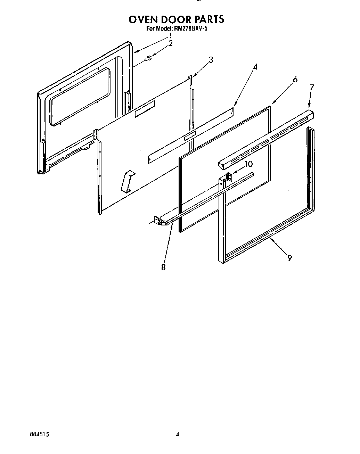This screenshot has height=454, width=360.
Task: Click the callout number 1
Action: pyautogui.click(x=170, y=36)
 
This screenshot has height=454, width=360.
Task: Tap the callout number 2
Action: pyautogui.click(x=170, y=43)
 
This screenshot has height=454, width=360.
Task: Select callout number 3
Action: pyautogui.click(x=211, y=60)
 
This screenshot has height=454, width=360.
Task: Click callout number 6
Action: pyautogui.click(x=295, y=80)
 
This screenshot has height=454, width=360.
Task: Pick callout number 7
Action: pyautogui.click(x=311, y=87)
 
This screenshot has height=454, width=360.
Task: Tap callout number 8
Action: pyautogui.click(x=163, y=267)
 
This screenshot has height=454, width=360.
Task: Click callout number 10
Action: pyautogui.click(x=249, y=164)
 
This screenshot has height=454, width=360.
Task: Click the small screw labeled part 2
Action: pyautogui.click(x=149, y=59)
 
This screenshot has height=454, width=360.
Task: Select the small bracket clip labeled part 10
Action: pyautogui.click(x=229, y=176)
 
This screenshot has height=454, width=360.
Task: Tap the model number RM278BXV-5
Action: pyautogui.click(x=189, y=29)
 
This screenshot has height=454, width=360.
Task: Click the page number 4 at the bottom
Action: pyautogui.click(x=178, y=434)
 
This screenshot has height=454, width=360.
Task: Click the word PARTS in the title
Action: pyautogui.click(x=207, y=19)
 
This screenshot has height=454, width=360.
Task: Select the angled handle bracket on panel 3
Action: pyautogui.click(x=127, y=181)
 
